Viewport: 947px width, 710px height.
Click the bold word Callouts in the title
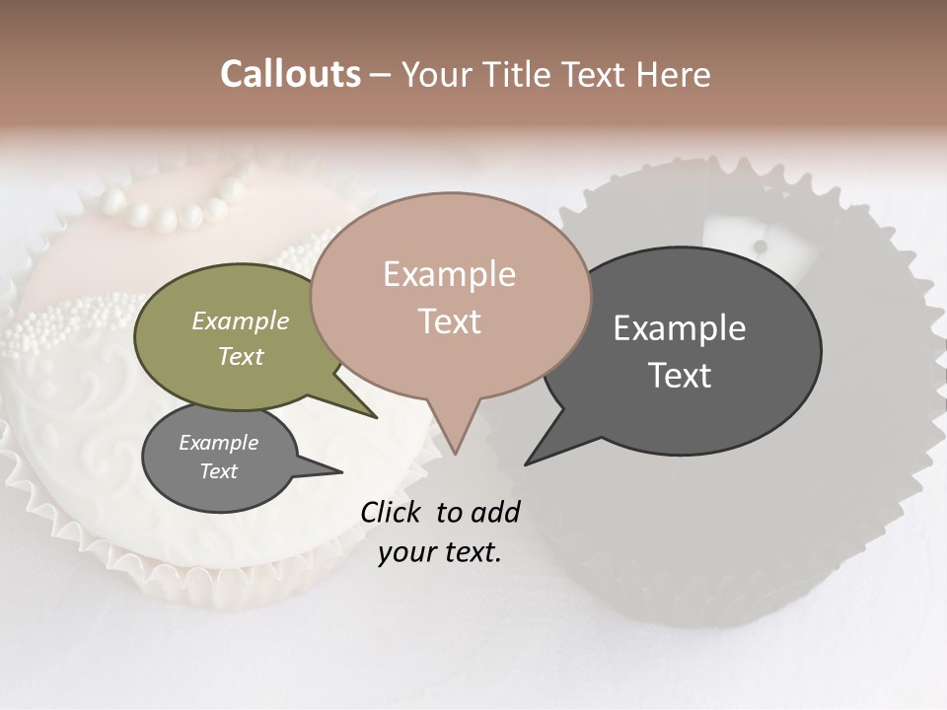click(290, 74)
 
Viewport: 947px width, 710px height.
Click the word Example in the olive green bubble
click(241, 320)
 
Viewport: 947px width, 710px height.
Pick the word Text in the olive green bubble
click(241, 356)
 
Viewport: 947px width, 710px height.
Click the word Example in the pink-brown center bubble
click(449, 274)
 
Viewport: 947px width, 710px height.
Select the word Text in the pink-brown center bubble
click(449, 321)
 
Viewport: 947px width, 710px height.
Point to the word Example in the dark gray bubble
click(680, 328)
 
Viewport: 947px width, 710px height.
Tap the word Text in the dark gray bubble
click(680, 375)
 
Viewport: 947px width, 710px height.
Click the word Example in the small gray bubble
click(218, 443)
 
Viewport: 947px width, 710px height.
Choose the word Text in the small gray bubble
click(218, 471)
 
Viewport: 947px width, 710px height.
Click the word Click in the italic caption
click(392, 512)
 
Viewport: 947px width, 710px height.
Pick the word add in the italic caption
click(495, 512)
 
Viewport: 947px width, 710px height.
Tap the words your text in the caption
click(440, 552)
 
